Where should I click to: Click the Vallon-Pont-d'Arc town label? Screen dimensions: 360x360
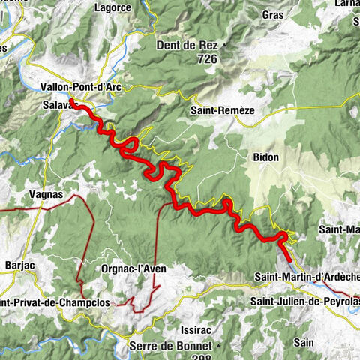tap(82, 87)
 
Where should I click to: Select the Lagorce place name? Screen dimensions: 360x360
tap(113, 8)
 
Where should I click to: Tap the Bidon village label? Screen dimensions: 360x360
tap(265, 157)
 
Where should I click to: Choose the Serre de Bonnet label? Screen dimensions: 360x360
tap(174, 346)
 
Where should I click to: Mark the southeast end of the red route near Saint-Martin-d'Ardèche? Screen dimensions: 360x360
tap(289, 256)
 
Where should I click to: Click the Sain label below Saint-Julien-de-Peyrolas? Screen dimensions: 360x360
tap(304, 341)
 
